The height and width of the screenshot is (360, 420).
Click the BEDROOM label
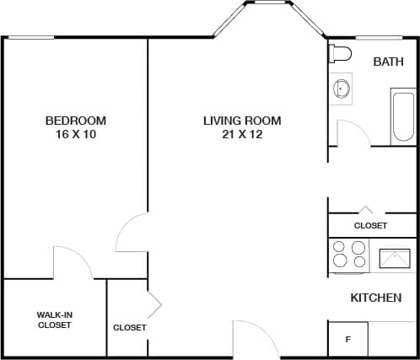tap(76, 121)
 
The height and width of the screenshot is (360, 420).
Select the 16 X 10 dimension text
tap(76, 134)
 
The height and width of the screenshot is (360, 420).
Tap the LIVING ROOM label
tap(242, 121)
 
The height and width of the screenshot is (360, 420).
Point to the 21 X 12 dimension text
tap(242, 134)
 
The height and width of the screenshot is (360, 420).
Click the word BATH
tap(388, 62)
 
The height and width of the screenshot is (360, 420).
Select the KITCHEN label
tap(375, 298)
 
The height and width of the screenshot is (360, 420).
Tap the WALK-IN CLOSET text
tap(54, 320)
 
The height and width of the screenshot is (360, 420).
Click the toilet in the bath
tap(340, 54)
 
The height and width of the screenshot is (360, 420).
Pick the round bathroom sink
tap(343, 88)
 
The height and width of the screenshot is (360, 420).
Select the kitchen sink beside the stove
tap(394, 257)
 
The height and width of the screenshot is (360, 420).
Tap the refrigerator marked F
tap(347, 340)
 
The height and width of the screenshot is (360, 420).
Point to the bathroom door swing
tap(348, 133)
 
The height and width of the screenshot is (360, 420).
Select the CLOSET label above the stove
tap(370, 226)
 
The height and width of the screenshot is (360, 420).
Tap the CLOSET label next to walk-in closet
tap(129, 327)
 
